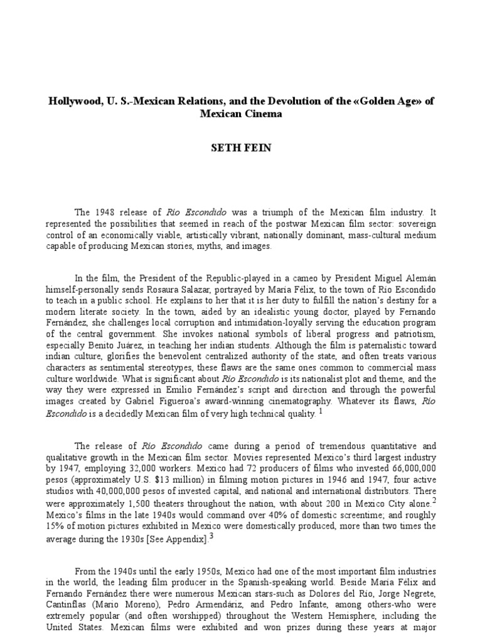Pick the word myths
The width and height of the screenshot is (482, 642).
(x=212, y=246)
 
